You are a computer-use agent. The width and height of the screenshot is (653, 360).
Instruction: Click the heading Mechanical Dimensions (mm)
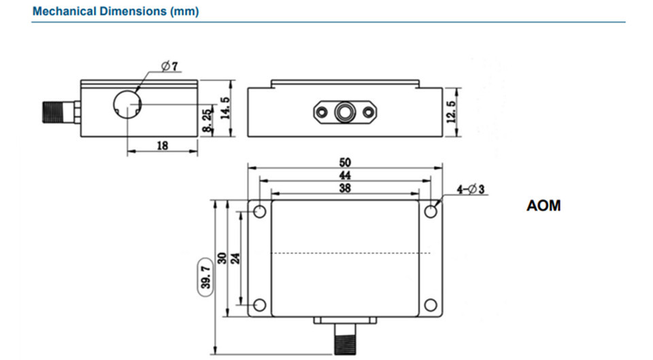pyautogui.click(x=116, y=12)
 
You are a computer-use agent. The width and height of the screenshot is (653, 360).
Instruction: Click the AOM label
pyautogui.click(x=543, y=206)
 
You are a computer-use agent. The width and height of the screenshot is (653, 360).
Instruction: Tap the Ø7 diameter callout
pyautogui.click(x=169, y=66)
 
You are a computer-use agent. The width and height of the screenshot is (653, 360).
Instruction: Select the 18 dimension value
pyautogui.click(x=163, y=145)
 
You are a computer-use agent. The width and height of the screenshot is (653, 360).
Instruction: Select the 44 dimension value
pyautogui.click(x=345, y=176)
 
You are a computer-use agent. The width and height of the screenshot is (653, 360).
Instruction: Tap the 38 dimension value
pyautogui.click(x=345, y=189)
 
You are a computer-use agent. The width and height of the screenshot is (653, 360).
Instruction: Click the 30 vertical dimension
pyautogui.click(x=222, y=259)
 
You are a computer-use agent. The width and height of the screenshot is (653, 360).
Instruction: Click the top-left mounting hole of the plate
pyautogui.click(x=259, y=212)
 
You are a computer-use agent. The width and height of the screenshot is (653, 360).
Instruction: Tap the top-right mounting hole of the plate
pyautogui.click(x=431, y=212)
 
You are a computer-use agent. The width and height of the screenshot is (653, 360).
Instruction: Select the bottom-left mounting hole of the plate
pyautogui.click(x=259, y=305)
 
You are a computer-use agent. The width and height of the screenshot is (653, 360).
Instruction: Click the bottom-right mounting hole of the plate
pyautogui.click(x=431, y=305)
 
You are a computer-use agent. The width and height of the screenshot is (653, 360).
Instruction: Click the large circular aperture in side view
pyautogui.click(x=127, y=104)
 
